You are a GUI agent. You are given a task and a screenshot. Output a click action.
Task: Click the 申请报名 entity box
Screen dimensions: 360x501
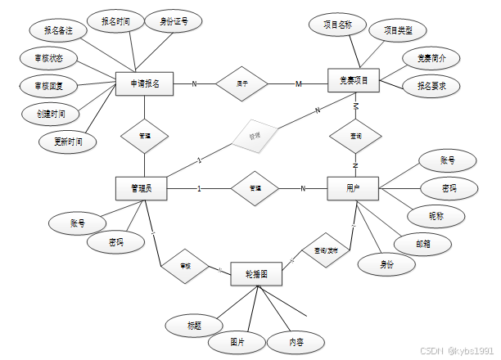[x=144, y=83]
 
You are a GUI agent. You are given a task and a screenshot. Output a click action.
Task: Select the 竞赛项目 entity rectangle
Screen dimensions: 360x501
[x=354, y=80]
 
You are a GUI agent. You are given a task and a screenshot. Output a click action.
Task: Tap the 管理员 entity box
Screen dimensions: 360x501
[x=142, y=189]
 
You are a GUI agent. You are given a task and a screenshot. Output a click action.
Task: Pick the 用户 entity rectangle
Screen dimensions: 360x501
[x=354, y=188]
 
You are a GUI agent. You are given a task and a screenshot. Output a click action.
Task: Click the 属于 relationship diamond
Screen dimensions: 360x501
[x=241, y=83]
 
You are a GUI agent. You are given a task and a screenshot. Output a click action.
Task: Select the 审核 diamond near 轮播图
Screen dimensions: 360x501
[x=186, y=266]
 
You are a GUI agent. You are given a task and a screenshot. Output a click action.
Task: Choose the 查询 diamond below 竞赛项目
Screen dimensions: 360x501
[x=355, y=135]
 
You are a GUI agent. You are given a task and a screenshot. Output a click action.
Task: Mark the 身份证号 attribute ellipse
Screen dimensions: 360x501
[x=173, y=22]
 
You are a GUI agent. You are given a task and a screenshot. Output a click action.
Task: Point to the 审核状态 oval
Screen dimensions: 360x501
[x=48, y=58]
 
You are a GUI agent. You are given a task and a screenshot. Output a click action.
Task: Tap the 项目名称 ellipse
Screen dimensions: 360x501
[x=337, y=25]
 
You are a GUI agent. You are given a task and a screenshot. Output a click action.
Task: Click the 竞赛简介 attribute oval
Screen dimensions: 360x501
[x=431, y=58]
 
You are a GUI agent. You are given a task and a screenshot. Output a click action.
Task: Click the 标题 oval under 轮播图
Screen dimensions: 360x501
[x=193, y=325]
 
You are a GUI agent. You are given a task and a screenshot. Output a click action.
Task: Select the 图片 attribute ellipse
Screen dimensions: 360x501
[x=237, y=341]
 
